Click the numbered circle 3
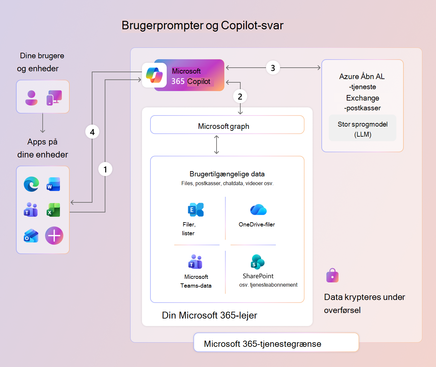[x=273, y=68]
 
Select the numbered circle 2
[x=240, y=96]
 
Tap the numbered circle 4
[x=92, y=132]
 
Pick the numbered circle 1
[x=105, y=169]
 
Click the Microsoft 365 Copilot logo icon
[x=154, y=75]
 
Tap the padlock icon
[x=332, y=276]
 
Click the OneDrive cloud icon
[x=258, y=210]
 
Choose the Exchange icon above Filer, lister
[x=196, y=210]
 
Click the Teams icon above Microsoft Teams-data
[x=195, y=262]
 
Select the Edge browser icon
[x=31, y=184]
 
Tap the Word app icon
[x=53, y=184]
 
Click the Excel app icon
[x=53, y=210]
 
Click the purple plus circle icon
[x=54, y=236]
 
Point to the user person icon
[x=31, y=98]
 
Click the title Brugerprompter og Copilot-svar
[x=203, y=25]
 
